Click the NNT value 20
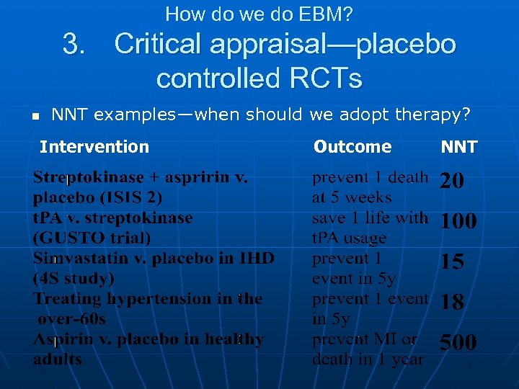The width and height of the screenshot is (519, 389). point(452,182)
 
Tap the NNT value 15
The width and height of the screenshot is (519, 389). point(452,262)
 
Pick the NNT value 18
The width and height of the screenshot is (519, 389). point(452,303)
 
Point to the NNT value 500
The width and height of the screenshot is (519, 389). point(458,342)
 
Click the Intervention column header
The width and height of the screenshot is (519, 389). point(94,147)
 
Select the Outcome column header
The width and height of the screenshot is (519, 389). point(352,147)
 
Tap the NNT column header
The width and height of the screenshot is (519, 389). point(458,148)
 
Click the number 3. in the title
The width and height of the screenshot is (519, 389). point(75,45)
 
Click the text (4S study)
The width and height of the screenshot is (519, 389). point(74,278)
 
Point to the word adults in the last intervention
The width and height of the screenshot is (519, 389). point(58,359)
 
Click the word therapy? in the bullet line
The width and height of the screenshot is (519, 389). point(435,115)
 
